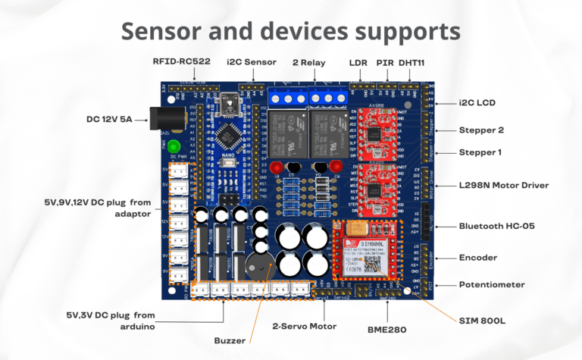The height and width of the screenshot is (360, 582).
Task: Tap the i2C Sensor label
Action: (252, 61)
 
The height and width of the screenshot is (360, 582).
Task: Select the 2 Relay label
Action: (311, 61)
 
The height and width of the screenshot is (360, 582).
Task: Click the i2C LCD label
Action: (481, 102)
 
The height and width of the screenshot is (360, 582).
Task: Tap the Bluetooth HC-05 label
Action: (496, 225)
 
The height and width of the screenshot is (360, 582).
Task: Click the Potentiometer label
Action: (492, 285)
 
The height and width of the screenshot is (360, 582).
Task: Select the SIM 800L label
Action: (480, 321)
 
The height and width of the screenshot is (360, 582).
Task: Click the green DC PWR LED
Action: (174, 146)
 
